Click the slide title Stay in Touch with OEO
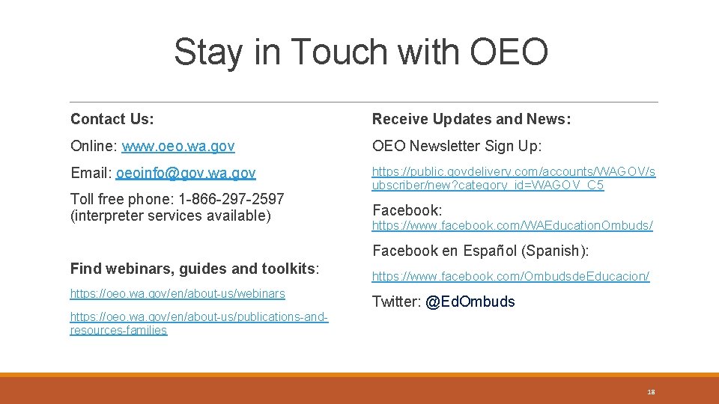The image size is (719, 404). (360, 52)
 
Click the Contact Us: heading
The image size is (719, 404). (112, 119)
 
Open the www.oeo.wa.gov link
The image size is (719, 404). (178, 146)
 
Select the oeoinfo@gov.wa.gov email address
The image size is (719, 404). (186, 174)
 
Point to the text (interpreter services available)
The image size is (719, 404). (170, 216)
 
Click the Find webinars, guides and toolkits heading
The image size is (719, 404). (195, 268)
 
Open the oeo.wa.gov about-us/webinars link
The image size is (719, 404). (178, 294)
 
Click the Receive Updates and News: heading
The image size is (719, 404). (472, 119)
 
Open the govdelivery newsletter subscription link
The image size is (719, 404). (514, 179)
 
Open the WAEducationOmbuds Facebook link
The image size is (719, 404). (512, 225)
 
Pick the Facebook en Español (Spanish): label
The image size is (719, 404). (481, 251)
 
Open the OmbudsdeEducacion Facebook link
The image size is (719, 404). (511, 277)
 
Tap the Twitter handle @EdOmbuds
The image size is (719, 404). (470, 302)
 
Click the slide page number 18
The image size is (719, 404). (651, 392)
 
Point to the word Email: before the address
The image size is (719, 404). (91, 174)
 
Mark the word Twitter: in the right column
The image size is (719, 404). (396, 302)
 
